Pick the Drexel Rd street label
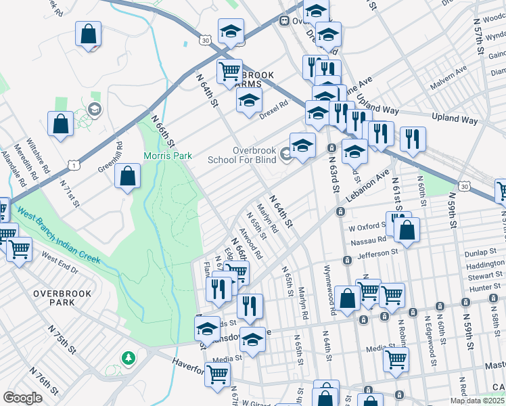click(x=275, y=109)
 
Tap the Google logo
click(x=23, y=398)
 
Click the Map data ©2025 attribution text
click(x=476, y=401)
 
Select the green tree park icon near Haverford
click(x=127, y=357)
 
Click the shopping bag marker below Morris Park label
click(x=127, y=177)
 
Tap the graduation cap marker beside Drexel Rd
click(x=249, y=101)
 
